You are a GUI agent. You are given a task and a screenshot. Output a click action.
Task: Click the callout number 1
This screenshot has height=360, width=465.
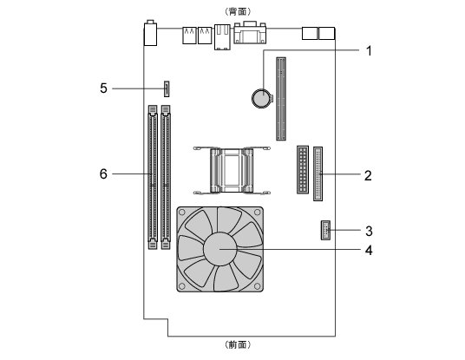click(x=369, y=51)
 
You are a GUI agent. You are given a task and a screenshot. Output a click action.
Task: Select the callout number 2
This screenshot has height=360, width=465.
click(x=368, y=175)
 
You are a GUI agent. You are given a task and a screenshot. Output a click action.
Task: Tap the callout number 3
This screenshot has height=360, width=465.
click(x=369, y=231)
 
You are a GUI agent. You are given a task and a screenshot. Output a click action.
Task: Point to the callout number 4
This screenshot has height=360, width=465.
click(x=369, y=251)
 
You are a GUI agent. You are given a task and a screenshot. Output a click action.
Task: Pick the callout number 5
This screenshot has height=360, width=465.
click(x=103, y=88)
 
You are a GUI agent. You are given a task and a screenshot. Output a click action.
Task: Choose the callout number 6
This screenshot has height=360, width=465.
click(x=103, y=173)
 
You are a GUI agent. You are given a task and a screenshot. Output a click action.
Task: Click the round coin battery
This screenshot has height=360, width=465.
click(x=262, y=98)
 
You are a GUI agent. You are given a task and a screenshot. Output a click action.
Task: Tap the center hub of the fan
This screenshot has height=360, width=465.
click(x=220, y=249)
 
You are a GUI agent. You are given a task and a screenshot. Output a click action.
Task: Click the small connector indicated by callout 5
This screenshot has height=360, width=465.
click(x=167, y=88)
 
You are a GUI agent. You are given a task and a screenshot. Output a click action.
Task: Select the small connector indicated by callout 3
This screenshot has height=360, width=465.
click(x=325, y=230)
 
